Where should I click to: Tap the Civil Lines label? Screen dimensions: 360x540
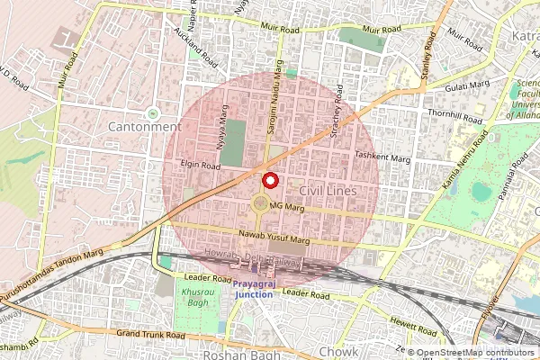(x=328, y=192)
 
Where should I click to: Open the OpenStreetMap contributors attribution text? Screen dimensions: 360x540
(x=474, y=353)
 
